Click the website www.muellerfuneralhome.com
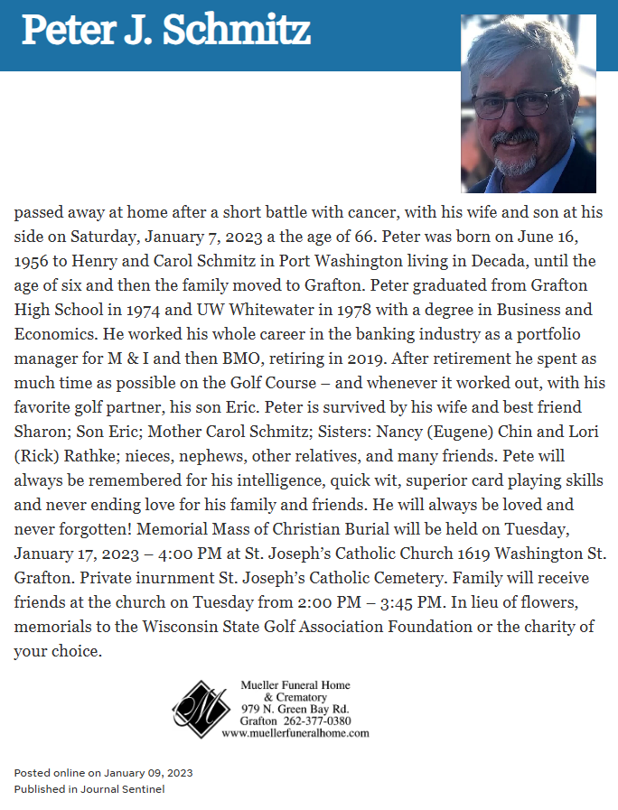tap(295, 732)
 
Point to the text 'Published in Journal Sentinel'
tap(89, 789)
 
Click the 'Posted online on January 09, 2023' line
tap(103, 773)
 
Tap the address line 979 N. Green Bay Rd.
tap(295, 709)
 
